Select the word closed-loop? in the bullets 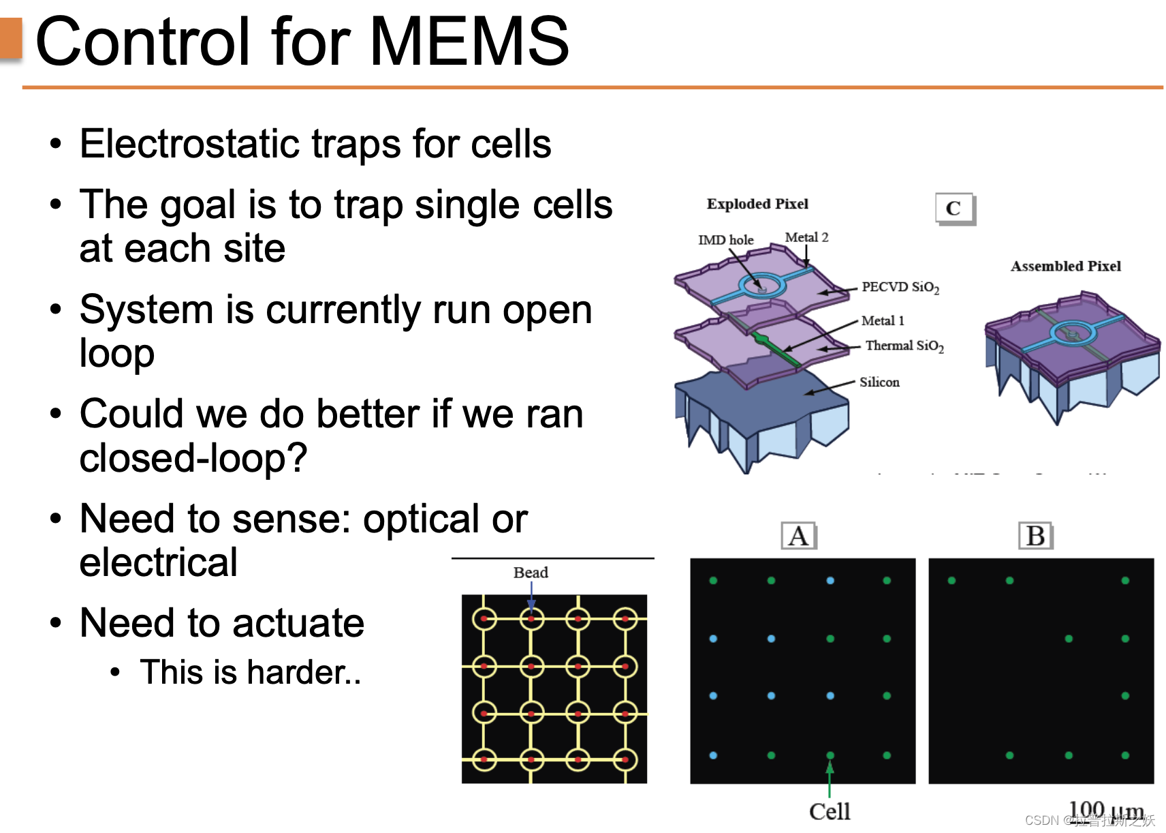(x=193, y=457)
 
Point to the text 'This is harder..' (x=251, y=672)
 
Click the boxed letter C (x=954, y=208)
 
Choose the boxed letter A (x=798, y=536)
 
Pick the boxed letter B (x=1035, y=536)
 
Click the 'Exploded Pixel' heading (x=757, y=204)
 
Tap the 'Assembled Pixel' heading (x=1065, y=266)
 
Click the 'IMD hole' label (x=725, y=240)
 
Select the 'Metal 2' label (x=806, y=237)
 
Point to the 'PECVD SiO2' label (x=900, y=287)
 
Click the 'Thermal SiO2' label (x=904, y=346)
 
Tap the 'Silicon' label (x=879, y=382)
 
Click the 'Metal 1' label (x=883, y=320)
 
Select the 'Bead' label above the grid (x=531, y=573)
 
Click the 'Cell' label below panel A (x=830, y=811)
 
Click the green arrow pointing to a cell (x=830, y=778)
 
